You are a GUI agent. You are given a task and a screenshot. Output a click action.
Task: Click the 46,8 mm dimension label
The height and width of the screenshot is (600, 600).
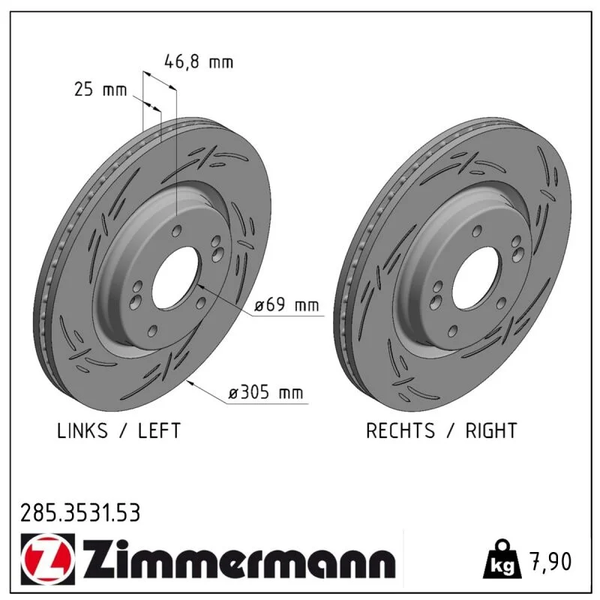coord(199,61)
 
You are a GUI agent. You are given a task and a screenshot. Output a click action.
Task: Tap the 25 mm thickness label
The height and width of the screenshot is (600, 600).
coord(100,89)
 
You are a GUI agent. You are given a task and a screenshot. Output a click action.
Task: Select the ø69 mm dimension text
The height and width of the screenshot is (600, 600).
coord(286,305)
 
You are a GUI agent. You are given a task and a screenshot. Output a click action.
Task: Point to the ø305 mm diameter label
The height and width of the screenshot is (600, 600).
coord(265,392)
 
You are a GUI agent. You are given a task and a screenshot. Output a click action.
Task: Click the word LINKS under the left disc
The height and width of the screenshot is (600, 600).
coord(82,430)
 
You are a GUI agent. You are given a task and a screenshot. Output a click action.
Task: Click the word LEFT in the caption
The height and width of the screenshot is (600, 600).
coord(159,430)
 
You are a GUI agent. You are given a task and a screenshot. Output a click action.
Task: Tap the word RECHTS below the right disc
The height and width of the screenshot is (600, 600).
coord(400,430)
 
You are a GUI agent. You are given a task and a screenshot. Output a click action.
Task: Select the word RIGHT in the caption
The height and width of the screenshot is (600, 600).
coord(491,430)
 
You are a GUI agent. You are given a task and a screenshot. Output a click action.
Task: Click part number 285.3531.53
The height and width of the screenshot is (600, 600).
coord(80,513)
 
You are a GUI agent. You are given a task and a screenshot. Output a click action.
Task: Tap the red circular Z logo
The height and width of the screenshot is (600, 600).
coord(48,559)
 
